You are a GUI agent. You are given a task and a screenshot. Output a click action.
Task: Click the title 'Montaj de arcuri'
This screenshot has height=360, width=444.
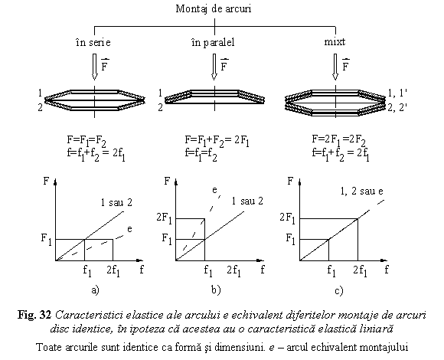point(214,9)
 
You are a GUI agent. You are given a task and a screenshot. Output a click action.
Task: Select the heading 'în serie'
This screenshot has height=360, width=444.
point(93,42)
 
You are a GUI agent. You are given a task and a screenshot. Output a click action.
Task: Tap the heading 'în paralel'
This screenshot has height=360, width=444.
point(213,42)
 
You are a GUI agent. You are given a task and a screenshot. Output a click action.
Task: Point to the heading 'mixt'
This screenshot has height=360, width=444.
point(335,42)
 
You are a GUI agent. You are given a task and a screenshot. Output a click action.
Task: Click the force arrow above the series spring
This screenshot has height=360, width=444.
point(95,67)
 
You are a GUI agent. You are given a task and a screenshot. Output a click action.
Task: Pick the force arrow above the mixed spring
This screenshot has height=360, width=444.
point(335,67)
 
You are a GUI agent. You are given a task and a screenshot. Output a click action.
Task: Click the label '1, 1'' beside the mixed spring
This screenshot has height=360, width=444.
point(397,93)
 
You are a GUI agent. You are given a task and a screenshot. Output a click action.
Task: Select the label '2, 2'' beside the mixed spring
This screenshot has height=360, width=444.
point(397,107)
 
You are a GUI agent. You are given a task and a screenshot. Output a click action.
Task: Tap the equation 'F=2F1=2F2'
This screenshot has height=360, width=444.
point(338,140)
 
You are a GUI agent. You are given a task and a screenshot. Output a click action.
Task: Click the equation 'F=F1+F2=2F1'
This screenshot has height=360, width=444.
point(217,141)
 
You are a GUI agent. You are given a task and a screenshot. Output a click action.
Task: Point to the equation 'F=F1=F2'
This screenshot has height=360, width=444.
point(87,141)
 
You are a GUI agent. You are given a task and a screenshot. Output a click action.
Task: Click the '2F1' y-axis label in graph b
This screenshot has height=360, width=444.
point(165,218)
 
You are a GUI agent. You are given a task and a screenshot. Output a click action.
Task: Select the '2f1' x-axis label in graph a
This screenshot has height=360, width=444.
point(113,271)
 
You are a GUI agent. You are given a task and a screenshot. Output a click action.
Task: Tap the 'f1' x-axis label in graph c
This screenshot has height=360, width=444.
point(331,270)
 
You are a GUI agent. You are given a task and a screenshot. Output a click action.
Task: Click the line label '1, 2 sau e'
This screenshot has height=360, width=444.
point(361,191)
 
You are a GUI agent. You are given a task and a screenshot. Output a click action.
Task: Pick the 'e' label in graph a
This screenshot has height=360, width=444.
point(129,229)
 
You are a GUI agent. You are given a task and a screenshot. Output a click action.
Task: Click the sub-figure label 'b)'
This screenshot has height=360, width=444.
point(216,290)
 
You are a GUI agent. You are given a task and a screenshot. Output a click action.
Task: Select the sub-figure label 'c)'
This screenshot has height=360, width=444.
point(338,290)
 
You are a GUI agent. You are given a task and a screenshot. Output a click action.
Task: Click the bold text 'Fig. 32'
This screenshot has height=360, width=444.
point(34,315)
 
